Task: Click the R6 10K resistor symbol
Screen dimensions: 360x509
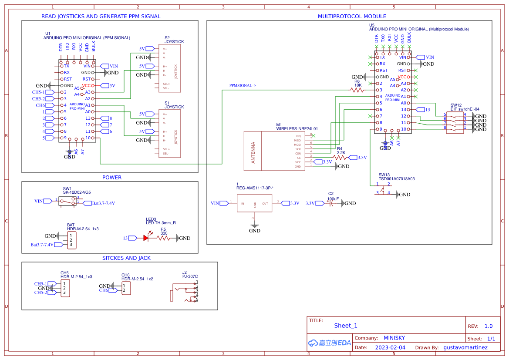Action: point(357,90)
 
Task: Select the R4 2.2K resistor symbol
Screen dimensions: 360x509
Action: point(341,158)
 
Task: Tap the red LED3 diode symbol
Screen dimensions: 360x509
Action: point(146,238)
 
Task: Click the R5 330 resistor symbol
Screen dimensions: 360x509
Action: point(163,238)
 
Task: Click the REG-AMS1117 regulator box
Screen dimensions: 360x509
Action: point(254,203)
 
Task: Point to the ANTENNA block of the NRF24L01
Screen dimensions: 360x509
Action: point(253,151)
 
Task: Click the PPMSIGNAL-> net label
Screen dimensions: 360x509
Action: point(243,86)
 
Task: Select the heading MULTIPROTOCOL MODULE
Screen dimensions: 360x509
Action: point(352,17)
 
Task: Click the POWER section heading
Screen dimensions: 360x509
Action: point(112,178)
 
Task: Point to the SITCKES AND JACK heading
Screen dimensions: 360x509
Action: point(126,258)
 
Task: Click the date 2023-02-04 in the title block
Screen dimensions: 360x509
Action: point(390,347)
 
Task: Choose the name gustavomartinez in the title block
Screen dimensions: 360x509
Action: point(465,347)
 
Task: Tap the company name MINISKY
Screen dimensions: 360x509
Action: point(394,338)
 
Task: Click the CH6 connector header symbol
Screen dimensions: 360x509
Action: point(125,288)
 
